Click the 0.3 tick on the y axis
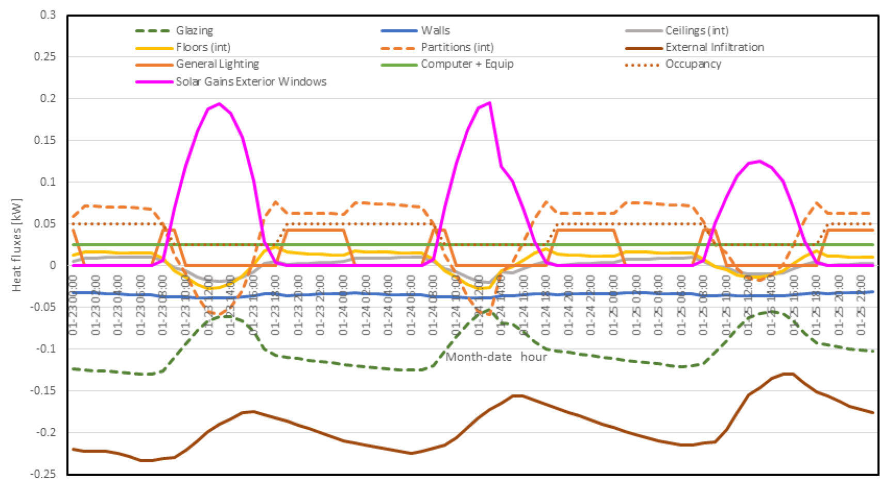point(48,15)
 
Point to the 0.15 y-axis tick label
point(45,140)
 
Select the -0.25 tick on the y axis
point(43,474)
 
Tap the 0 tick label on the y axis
point(53,265)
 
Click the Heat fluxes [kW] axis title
point(17,245)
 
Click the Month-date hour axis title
point(496,357)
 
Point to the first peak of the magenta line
point(219,103)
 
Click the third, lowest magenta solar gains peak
point(759,161)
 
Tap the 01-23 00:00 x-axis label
point(73,304)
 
